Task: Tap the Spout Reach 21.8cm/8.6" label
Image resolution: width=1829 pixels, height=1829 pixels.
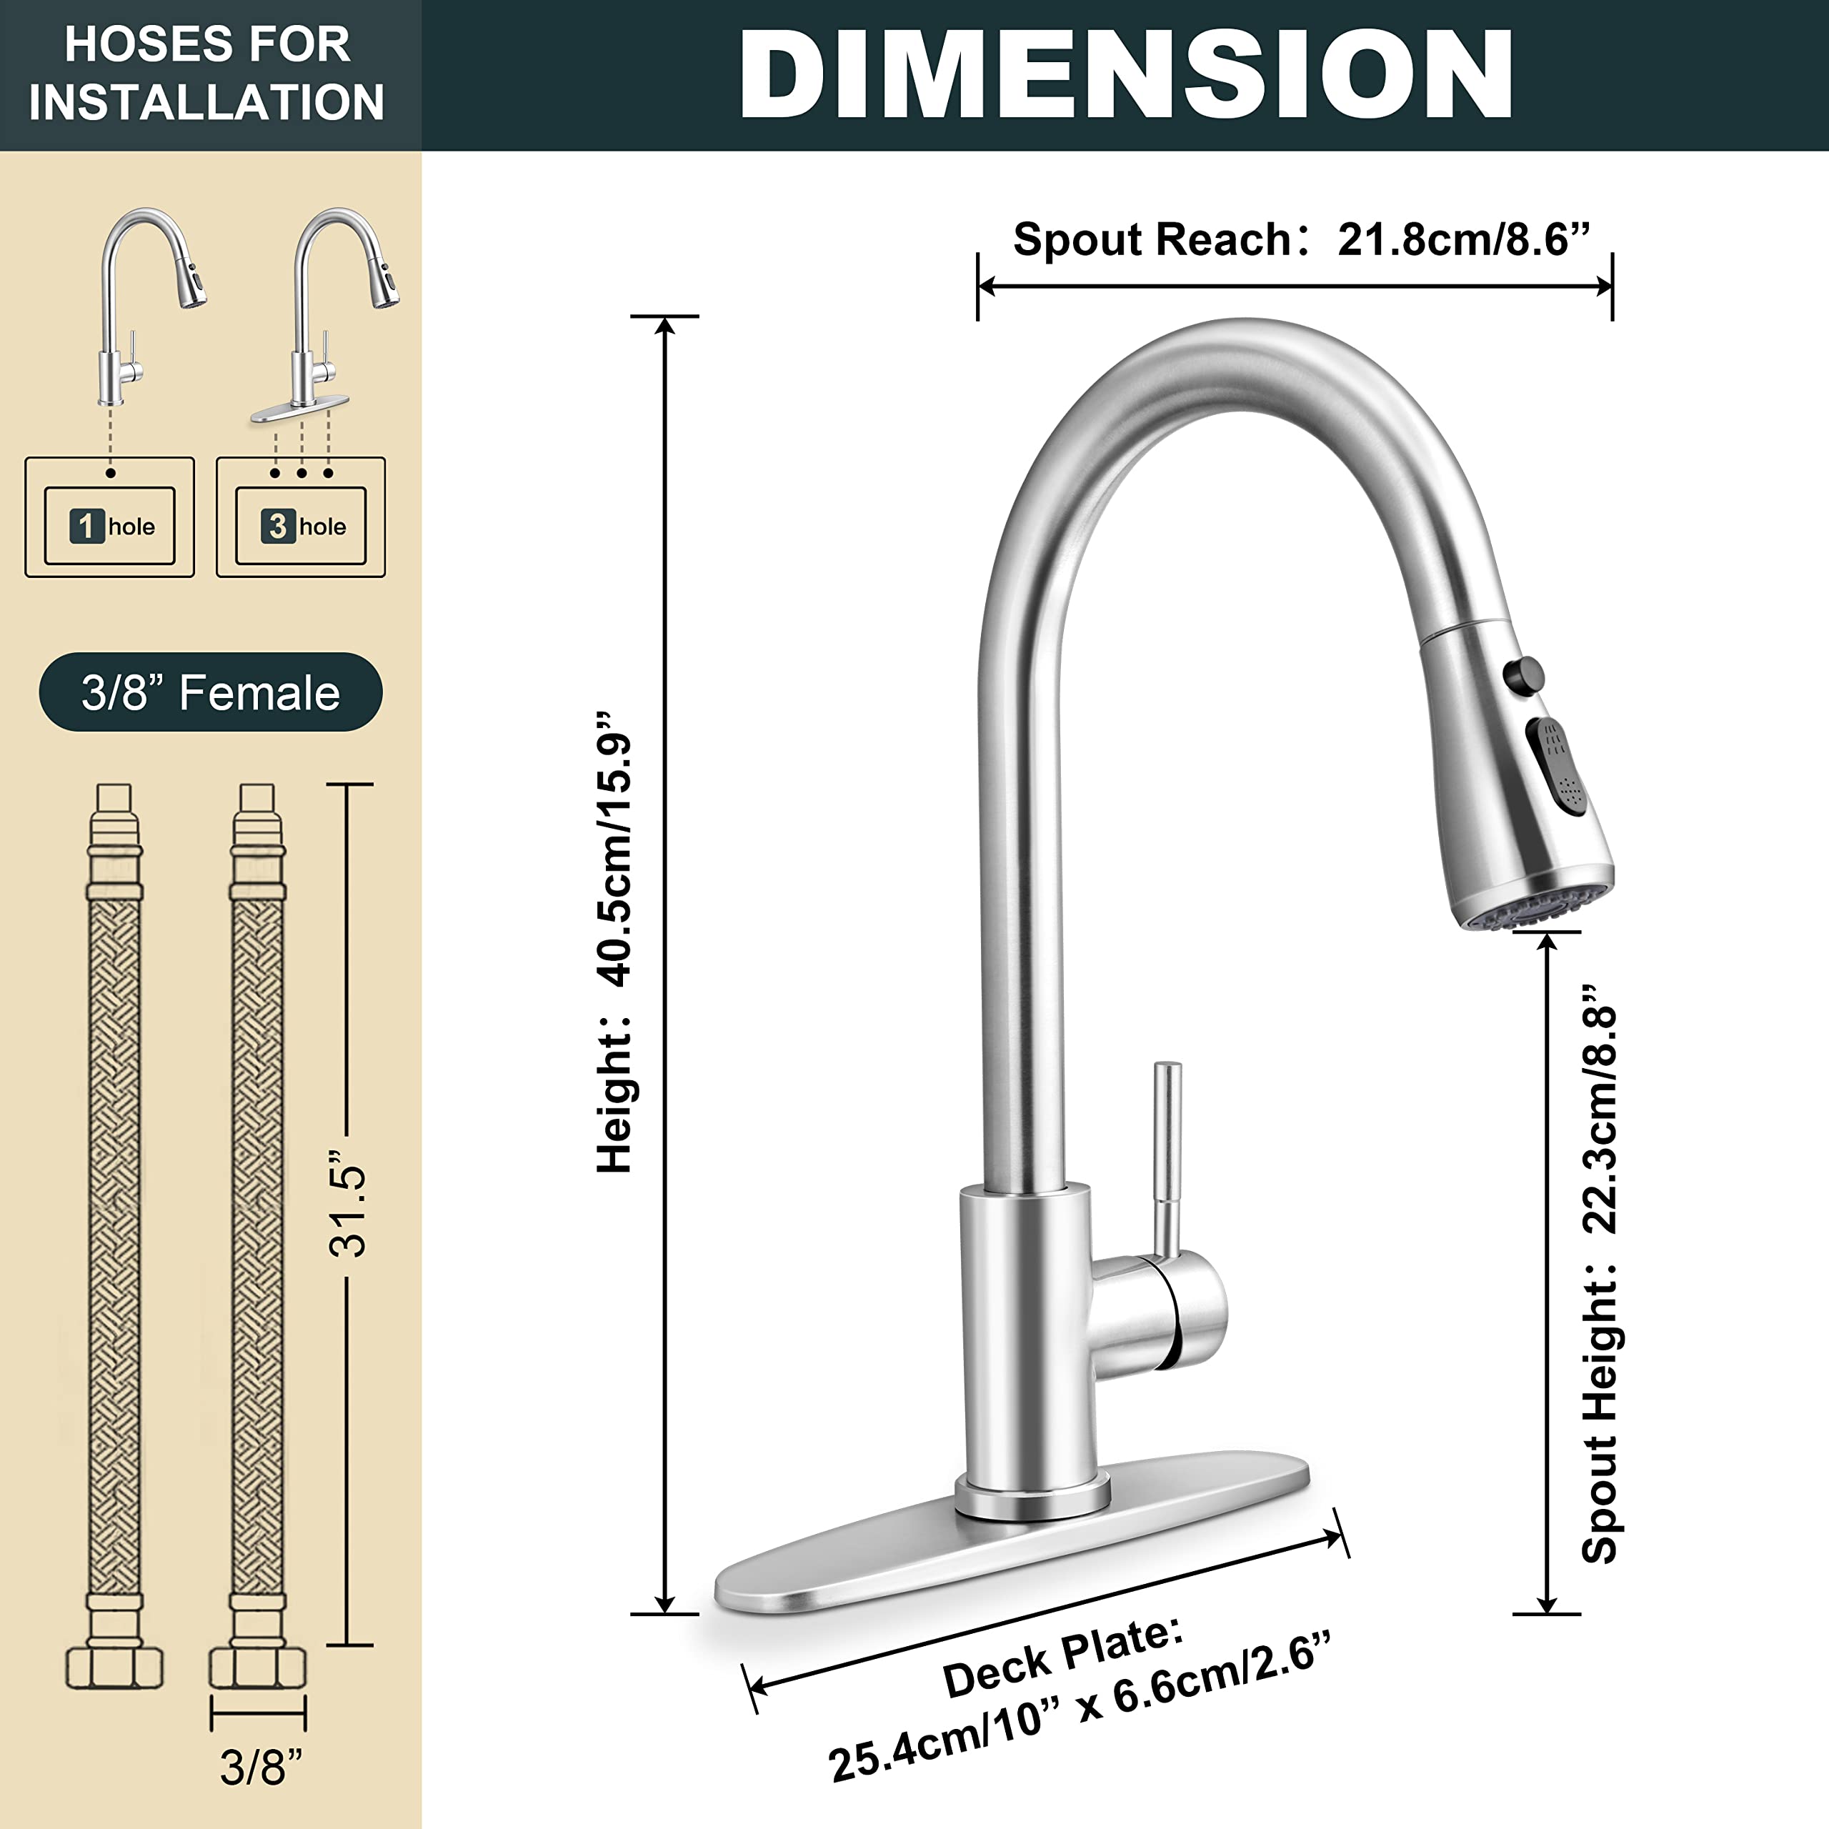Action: pyautogui.click(x=1301, y=239)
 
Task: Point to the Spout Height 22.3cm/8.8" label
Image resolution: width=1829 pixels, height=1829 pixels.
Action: pyautogui.click(x=1600, y=1272)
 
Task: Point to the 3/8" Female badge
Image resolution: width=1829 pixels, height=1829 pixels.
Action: pyautogui.click(x=210, y=692)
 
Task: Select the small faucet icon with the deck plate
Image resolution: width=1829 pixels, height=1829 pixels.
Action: pyautogui.click(x=327, y=312)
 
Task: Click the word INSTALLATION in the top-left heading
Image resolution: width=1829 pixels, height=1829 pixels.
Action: pyautogui.click(x=207, y=101)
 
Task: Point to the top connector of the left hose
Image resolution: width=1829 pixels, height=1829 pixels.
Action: pyautogui.click(x=114, y=814)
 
